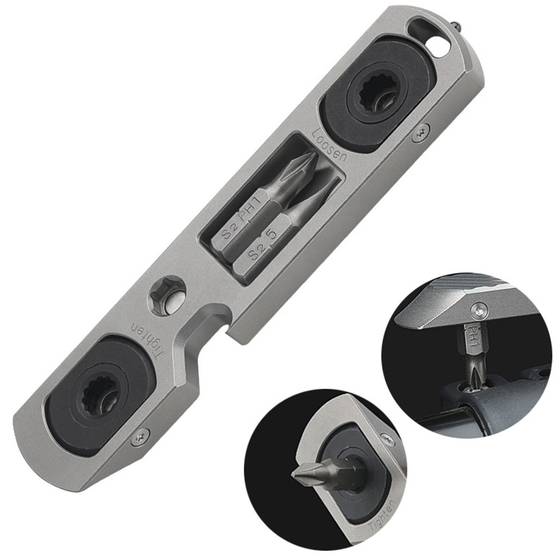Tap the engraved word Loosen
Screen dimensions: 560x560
coord(330,144)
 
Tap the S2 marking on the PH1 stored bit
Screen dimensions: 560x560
coord(229,231)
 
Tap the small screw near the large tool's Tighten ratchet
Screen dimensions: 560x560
coord(140,438)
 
